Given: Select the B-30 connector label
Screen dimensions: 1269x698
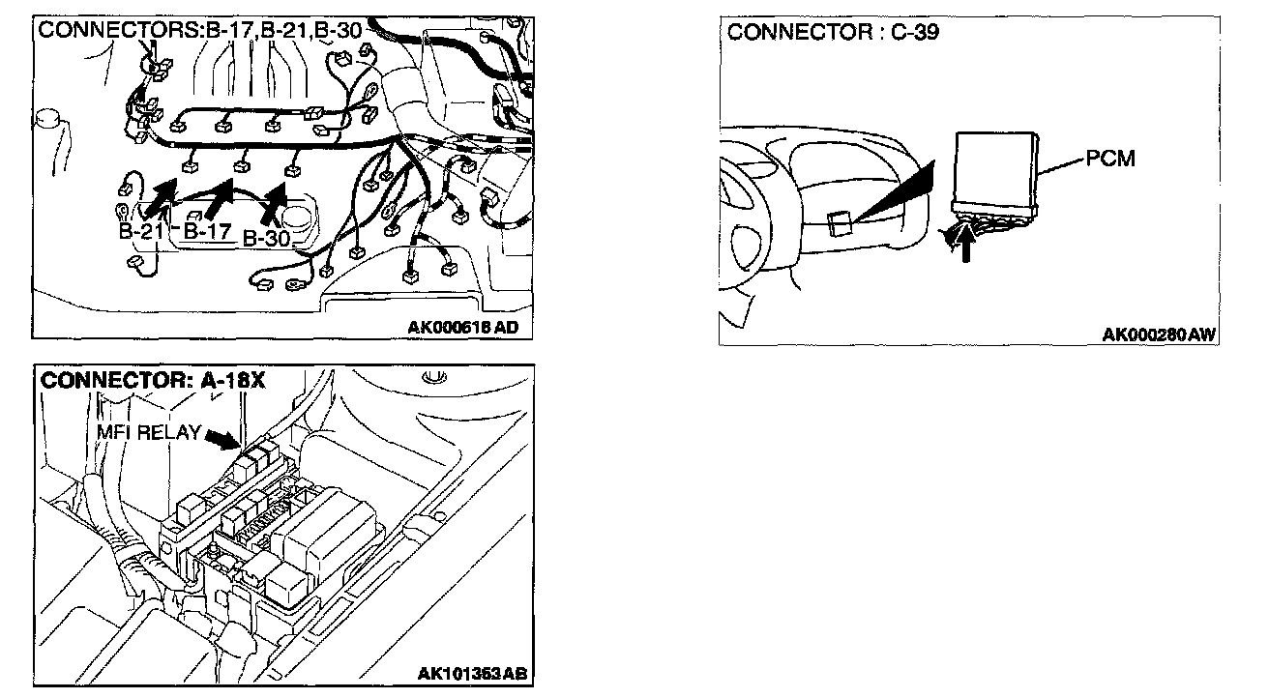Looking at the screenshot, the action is tap(267, 238).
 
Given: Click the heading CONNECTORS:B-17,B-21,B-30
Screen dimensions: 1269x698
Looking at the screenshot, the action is tap(200, 30).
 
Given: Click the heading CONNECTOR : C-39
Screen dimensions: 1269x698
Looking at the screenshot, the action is tap(833, 32).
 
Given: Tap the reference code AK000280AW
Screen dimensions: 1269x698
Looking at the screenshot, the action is tap(1159, 334).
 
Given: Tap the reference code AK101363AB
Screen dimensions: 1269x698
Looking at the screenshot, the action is tap(471, 673).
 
